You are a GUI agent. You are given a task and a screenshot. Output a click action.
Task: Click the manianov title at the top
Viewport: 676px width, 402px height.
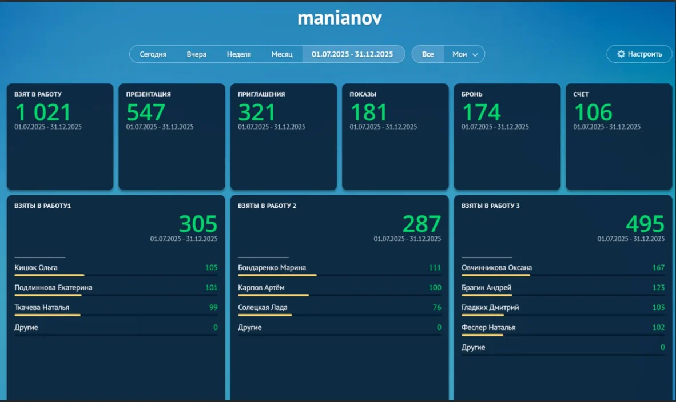click(340, 18)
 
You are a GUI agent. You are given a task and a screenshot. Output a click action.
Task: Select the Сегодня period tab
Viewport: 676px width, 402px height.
click(153, 54)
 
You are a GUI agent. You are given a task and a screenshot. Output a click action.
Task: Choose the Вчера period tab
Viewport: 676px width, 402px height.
click(196, 54)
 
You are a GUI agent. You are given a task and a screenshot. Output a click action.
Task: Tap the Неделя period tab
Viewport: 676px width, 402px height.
click(238, 54)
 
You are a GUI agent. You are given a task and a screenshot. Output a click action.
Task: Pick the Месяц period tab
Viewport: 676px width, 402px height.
click(282, 54)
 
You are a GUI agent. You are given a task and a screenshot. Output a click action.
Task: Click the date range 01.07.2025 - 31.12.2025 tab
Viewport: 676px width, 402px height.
click(352, 54)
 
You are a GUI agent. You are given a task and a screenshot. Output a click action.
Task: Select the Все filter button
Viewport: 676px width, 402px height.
click(428, 54)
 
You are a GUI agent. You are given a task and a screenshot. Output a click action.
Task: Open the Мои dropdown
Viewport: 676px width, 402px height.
click(464, 54)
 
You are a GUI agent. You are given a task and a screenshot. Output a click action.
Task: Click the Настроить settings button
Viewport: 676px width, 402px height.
click(639, 54)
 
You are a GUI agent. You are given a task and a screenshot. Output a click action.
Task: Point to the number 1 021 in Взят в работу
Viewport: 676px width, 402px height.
click(43, 112)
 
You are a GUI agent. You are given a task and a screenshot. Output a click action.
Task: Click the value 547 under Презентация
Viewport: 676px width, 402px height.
click(146, 112)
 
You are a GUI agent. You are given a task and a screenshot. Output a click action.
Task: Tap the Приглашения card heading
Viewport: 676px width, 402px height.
click(261, 94)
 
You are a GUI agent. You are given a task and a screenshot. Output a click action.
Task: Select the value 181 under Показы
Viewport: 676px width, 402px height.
click(369, 112)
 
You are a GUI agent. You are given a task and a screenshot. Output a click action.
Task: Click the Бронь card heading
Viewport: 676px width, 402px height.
click(472, 94)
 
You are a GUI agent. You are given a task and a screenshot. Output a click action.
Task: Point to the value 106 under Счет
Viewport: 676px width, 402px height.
click(593, 112)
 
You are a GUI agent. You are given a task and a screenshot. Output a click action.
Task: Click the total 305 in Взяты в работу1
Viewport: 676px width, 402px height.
click(198, 224)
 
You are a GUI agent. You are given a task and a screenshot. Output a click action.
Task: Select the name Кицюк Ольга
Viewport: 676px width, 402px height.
click(36, 267)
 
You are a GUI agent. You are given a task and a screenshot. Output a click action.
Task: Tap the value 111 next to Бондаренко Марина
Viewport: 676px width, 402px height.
click(435, 268)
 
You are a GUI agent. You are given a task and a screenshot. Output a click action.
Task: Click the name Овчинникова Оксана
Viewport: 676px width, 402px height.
click(496, 267)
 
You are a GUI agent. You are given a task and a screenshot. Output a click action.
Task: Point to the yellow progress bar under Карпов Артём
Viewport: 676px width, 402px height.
click(273, 295)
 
